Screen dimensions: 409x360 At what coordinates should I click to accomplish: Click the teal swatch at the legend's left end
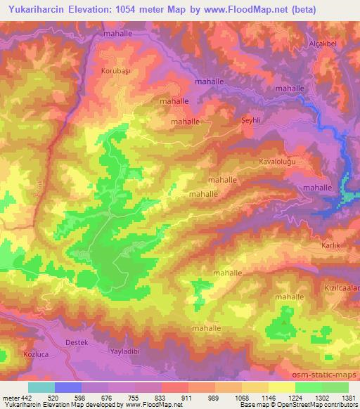coord(41,387)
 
